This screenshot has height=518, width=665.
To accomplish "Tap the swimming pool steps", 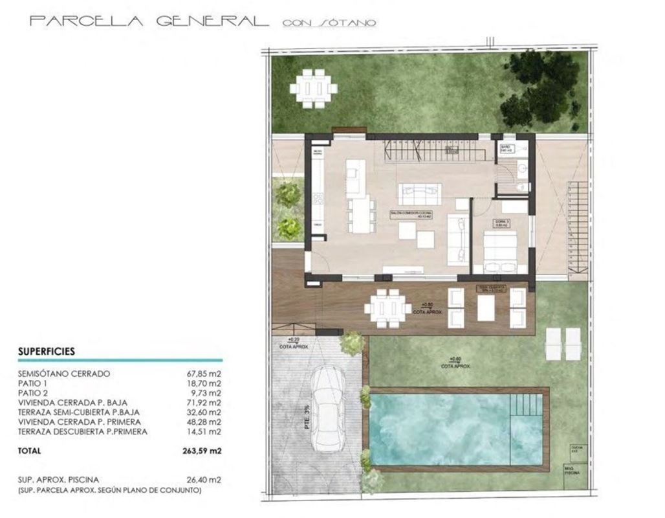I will click(x=525, y=406).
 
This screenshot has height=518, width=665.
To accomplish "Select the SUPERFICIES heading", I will click(x=47, y=352).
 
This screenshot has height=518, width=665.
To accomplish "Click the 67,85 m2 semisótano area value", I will click(x=204, y=374).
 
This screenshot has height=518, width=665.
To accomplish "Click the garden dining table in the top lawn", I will click(x=313, y=88).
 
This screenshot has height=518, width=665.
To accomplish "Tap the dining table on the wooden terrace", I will click(x=387, y=308).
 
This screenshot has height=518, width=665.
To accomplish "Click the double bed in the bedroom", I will click(x=501, y=251).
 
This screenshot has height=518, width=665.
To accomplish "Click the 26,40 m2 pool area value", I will click(x=204, y=480).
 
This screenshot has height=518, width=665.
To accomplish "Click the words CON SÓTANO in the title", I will click(x=330, y=23).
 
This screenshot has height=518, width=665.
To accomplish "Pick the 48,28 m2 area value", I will click(x=204, y=422).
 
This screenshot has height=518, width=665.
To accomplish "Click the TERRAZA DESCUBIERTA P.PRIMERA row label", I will click(x=83, y=431).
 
